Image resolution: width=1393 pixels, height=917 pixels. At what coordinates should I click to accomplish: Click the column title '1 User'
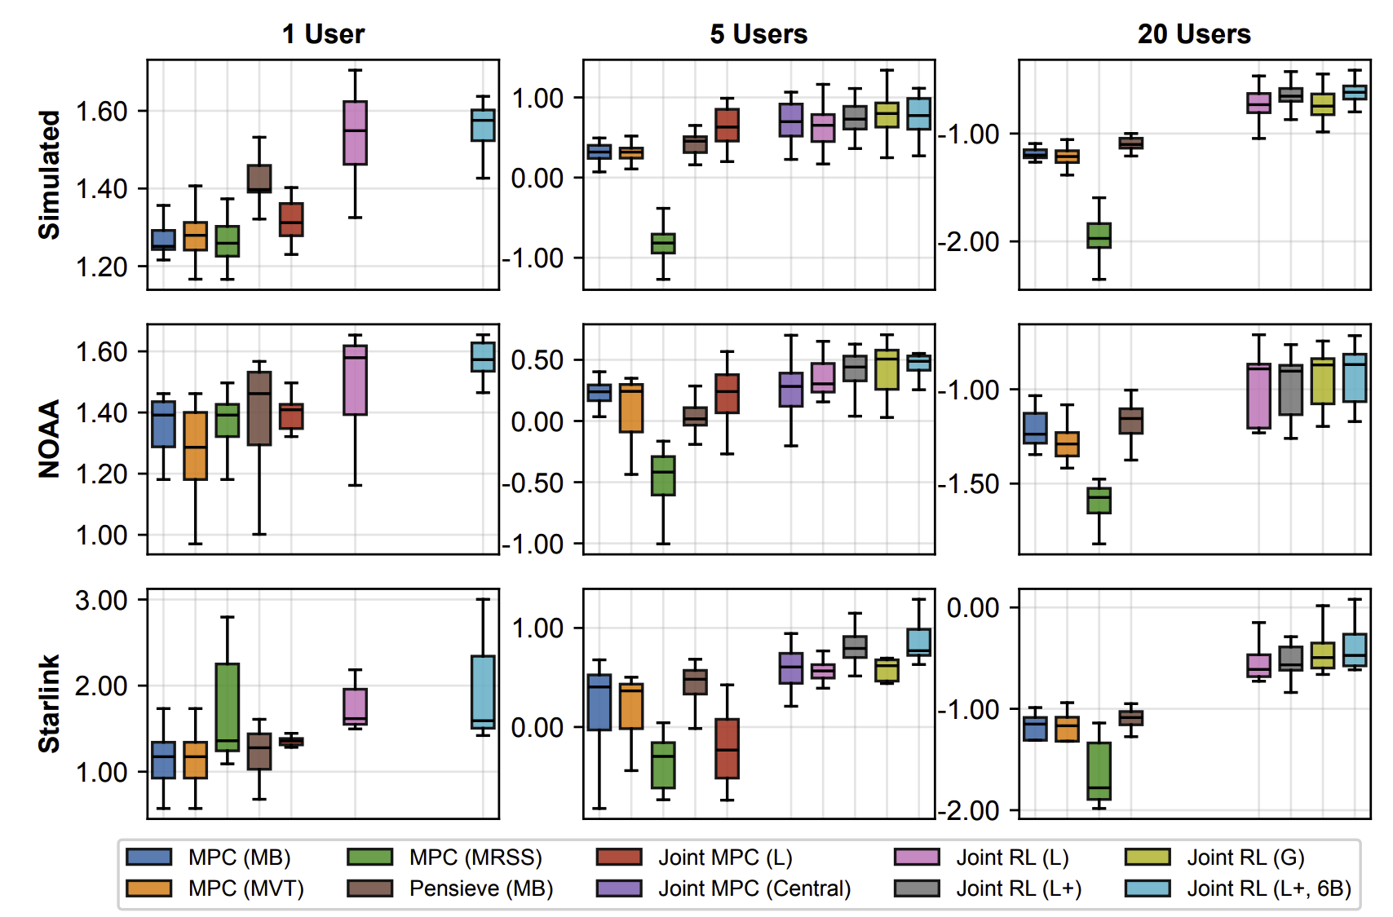(323, 34)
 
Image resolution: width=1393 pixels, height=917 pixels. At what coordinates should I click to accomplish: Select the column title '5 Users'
(758, 34)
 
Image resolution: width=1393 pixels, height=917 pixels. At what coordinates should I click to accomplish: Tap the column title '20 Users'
(1194, 34)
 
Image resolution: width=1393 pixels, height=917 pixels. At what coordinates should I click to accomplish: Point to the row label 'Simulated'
(50, 174)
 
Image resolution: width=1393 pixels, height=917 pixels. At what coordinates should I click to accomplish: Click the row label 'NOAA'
(50, 439)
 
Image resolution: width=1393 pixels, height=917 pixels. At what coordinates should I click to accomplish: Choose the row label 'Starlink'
(50, 703)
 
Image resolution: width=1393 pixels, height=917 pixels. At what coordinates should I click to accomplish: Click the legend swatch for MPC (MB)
(149, 857)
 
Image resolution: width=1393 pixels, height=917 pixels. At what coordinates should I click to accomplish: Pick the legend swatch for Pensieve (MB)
(369, 888)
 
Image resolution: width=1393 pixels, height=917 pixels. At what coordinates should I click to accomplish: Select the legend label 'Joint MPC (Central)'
(754, 888)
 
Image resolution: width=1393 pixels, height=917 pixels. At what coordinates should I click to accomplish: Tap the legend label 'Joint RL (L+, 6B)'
(1269, 888)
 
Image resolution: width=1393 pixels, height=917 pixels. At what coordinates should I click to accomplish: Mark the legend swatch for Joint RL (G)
(1148, 857)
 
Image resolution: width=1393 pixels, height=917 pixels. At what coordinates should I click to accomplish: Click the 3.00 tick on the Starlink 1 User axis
(101, 601)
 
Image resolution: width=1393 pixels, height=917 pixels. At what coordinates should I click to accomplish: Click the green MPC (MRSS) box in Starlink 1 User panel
(228, 707)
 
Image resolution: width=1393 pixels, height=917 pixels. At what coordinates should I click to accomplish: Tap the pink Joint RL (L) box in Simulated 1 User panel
(355, 133)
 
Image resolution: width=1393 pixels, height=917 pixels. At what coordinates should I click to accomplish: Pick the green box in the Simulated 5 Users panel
(663, 243)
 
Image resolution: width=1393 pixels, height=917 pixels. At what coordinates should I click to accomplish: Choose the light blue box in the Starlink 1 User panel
(483, 691)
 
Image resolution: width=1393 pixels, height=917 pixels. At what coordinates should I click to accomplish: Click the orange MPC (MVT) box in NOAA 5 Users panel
(631, 408)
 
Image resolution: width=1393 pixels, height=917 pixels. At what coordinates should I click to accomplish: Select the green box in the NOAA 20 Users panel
(1099, 500)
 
